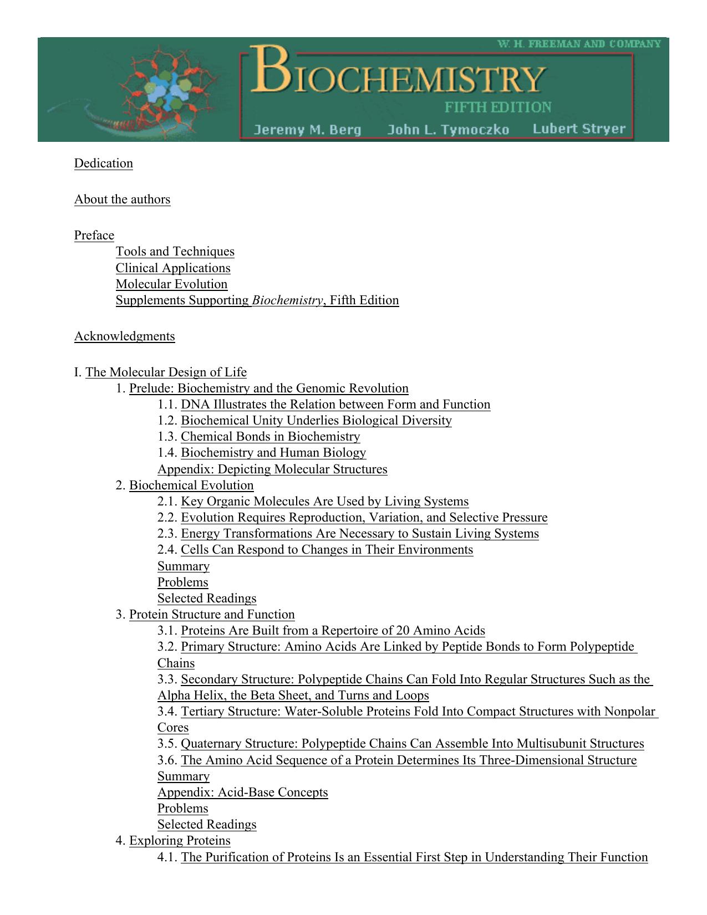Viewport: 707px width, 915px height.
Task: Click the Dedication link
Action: (104, 163)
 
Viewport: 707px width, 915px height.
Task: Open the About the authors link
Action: (122, 200)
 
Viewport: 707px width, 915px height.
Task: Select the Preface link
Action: (94, 236)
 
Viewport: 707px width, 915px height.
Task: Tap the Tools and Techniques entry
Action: (175, 252)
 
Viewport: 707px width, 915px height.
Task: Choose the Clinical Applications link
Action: (173, 268)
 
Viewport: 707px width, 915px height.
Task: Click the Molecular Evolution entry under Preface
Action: (171, 284)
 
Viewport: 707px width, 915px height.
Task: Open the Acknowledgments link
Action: (124, 336)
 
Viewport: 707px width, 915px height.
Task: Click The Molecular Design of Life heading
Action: (166, 372)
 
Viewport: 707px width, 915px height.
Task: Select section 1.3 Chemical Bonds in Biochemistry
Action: (270, 437)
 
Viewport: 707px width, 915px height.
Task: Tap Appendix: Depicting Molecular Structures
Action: (272, 469)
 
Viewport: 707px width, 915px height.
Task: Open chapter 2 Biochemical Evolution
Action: (191, 485)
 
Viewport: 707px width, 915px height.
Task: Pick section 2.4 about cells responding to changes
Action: (327, 550)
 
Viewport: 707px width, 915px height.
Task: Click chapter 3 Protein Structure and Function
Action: (212, 615)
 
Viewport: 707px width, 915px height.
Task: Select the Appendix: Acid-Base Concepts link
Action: (242, 793)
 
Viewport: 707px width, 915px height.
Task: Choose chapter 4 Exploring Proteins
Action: (180, 841)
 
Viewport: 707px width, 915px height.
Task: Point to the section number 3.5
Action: (167, 744)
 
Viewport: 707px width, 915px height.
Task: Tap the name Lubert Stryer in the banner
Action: (578, 129)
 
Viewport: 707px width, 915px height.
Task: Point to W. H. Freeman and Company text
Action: (579, 44)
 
